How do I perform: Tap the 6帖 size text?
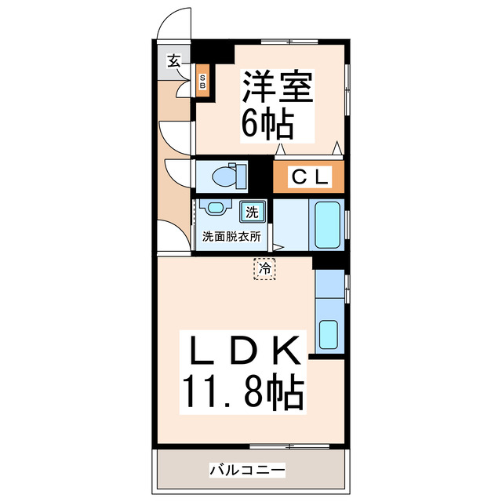[267, 123]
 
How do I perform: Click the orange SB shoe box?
[202, 82]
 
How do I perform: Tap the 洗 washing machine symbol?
[253, 212]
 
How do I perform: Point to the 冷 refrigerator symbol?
[264, 269]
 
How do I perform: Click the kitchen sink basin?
[328, 334]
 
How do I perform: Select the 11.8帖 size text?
[243, 393]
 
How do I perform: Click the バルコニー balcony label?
[247, 470]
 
